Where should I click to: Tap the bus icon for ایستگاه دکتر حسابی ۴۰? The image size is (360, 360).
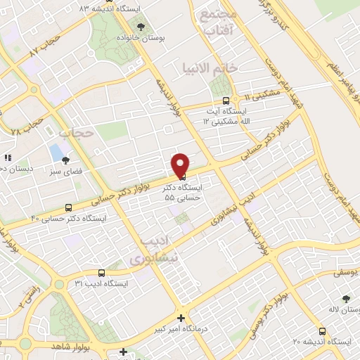click(x=68, y=207)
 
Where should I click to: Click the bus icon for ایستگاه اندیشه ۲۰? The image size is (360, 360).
click(x=322, y=331)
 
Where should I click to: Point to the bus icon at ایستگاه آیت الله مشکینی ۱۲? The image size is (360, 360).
click(x=225, y=101)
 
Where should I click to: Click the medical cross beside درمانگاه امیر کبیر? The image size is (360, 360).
click(x=181, y=319)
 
